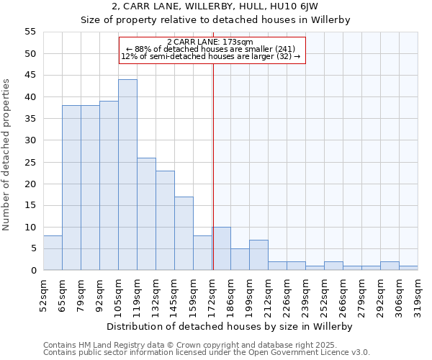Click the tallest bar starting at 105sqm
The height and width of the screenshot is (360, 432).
127,175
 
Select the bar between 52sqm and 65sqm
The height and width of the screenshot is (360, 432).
53,253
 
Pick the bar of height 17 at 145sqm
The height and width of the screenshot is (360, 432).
184,233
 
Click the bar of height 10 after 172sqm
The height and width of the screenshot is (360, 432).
221,248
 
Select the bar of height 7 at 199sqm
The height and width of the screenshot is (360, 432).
258,255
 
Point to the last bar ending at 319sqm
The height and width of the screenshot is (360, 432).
408,268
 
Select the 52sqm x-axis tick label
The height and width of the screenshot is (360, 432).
43,294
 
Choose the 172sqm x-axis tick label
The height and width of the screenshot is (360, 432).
212,294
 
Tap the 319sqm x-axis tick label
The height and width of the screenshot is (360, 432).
418,294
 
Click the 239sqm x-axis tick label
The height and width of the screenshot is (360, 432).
305,294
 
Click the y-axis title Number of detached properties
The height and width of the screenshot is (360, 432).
7,155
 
